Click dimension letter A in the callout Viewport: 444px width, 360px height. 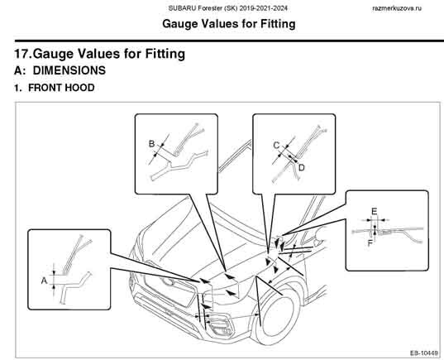click(44, 281)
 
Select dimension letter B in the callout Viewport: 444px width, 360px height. click(152, 144)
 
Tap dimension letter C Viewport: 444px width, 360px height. click(276, 146)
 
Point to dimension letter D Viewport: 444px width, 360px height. click(302, 168)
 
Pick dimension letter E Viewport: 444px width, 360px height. click(374, 212)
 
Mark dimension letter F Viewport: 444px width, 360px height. click(370, 243)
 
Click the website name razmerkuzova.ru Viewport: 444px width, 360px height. click(397, 8)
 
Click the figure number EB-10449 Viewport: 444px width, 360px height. click(423, 353)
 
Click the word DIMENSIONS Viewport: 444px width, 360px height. click(69, 70)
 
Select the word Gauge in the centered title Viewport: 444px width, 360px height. click(179, 24)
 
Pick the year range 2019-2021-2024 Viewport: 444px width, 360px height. click(264, 8)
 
